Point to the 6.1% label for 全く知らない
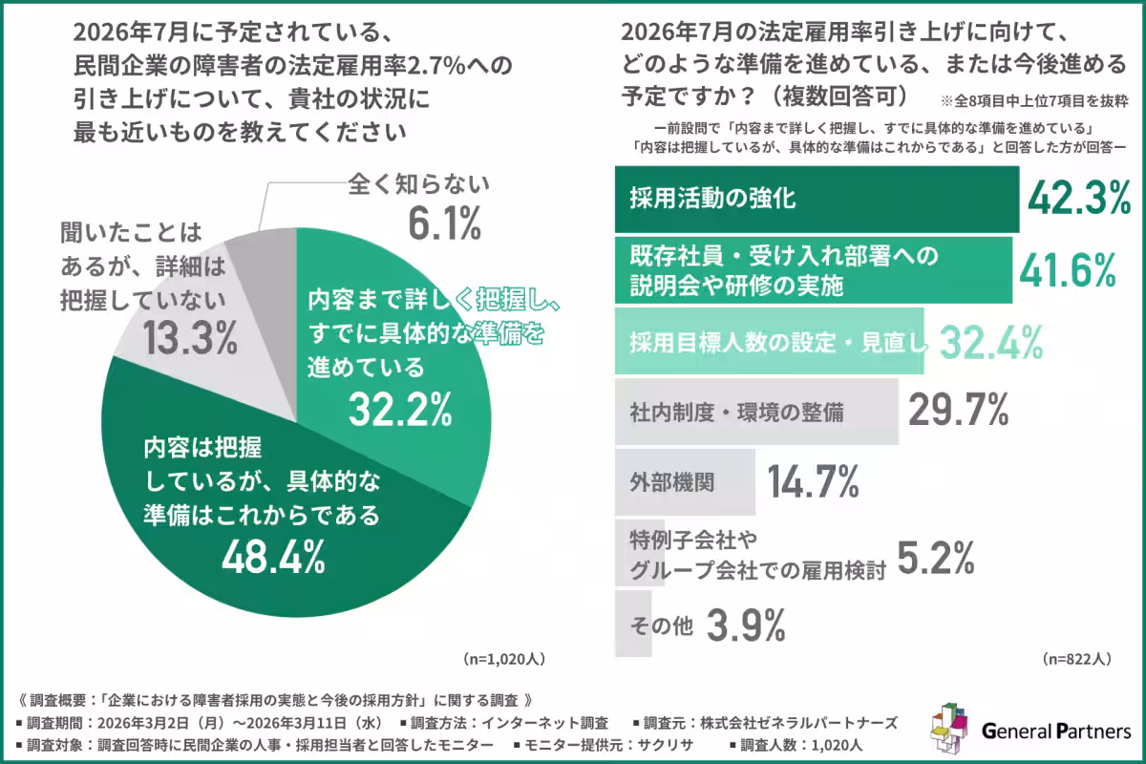[x=443, y=225]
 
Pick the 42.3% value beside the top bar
[x=1078, y=199]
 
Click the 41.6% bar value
[x=1068, y=270]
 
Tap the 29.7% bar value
[x=958, y=411]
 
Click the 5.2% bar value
[x=935, y=555]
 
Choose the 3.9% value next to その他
[x=746, y=626]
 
